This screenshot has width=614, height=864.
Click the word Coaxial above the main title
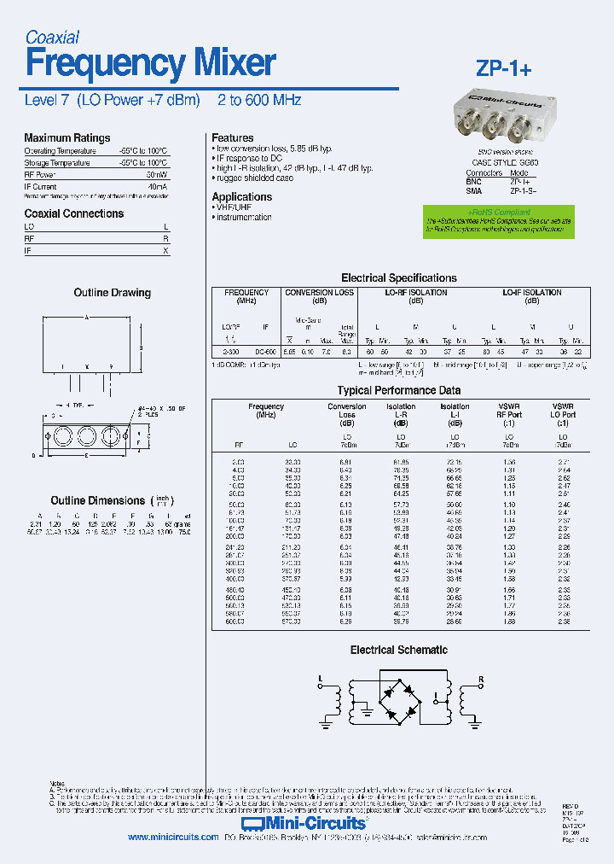tap(52, 37)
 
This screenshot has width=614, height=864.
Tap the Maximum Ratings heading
tap(67, 137)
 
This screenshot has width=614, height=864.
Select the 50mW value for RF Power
tap(156, 174)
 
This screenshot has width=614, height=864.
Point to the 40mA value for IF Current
tap(157, 186)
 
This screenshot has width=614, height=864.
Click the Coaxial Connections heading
tap(73, 213)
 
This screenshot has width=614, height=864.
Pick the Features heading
tap(232, 137)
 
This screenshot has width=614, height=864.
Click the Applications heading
tap(241, 196)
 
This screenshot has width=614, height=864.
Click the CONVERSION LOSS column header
tap(319, 293)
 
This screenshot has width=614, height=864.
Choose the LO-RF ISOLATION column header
tap(416, 293)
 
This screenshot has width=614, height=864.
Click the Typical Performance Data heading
tap(398, 390)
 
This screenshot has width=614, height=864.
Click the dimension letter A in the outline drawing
tap(86, 318)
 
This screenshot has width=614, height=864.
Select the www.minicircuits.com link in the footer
tap(173, 838)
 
